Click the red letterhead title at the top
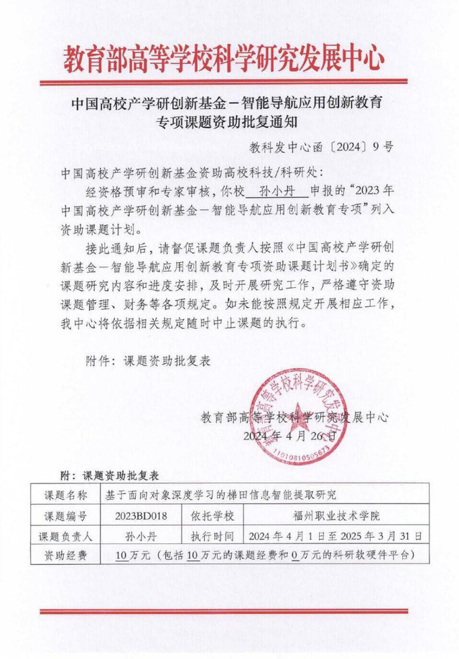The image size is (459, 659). [x=229, y=57]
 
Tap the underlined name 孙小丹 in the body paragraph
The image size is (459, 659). [x=276, y=191]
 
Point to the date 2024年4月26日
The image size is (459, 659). [x=290, y=436]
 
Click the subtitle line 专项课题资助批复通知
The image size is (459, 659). [x=229, y=122]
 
